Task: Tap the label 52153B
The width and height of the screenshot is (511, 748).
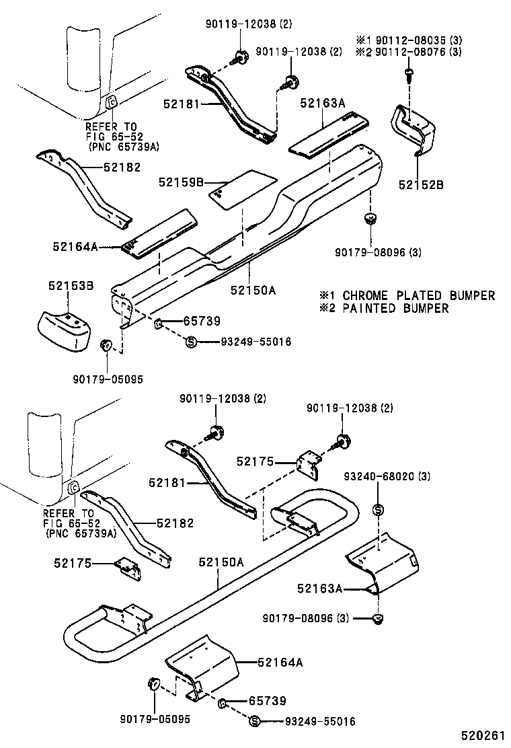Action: click(x=70, y=286)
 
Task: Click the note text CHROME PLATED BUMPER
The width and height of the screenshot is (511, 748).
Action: click(x=418, y=295)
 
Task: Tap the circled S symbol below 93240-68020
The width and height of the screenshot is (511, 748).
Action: click(x=377, y=509)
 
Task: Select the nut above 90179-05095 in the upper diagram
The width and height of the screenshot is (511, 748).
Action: click(x=106, y=346)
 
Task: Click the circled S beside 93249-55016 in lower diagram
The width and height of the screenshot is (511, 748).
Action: click(x=254, y=722)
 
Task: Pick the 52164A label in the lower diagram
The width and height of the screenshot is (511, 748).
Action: click(x=280, y=663)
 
